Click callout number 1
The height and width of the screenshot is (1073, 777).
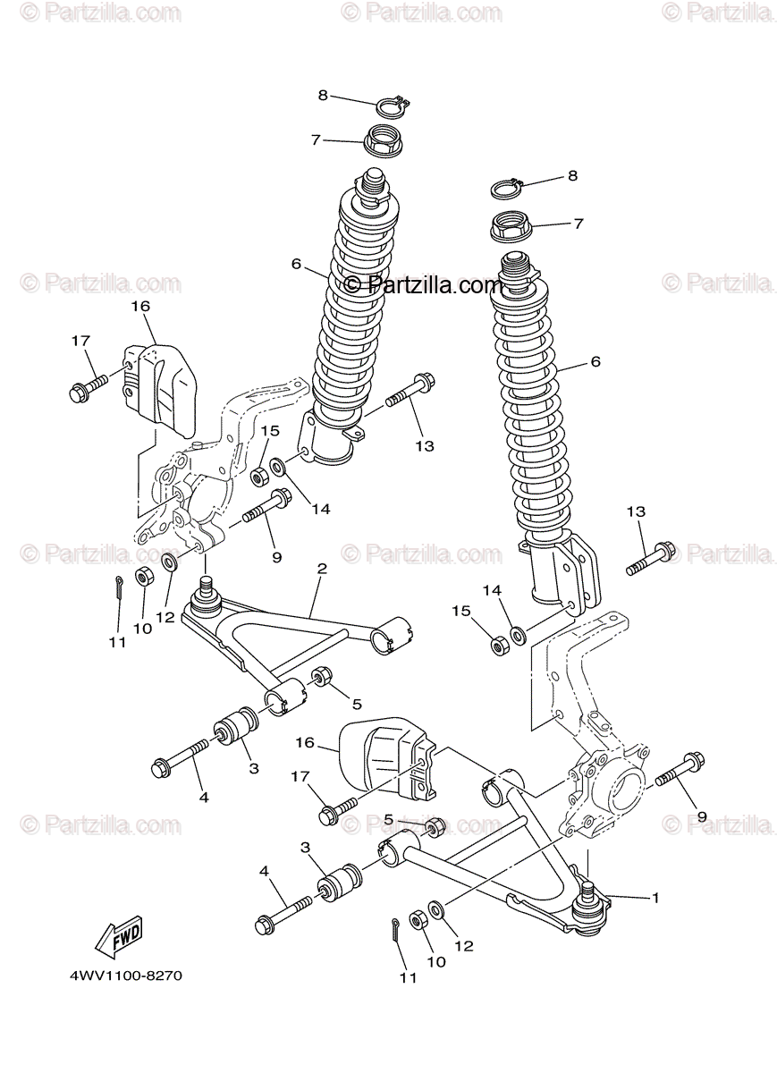point(655,897)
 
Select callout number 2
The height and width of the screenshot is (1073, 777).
point(322,569)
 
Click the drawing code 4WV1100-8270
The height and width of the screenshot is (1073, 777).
point(125,976)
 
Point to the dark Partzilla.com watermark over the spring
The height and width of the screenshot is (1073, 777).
point(424,285)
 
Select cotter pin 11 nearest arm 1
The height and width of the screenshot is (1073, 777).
point(395,930)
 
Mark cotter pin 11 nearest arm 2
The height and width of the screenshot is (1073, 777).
point(119,587)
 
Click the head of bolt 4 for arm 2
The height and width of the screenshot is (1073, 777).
point(164,767)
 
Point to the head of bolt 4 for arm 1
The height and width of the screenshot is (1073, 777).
point(266,925)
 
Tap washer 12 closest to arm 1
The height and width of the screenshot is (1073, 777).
point(437,910)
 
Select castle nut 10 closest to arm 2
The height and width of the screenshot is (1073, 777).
point(142,576)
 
